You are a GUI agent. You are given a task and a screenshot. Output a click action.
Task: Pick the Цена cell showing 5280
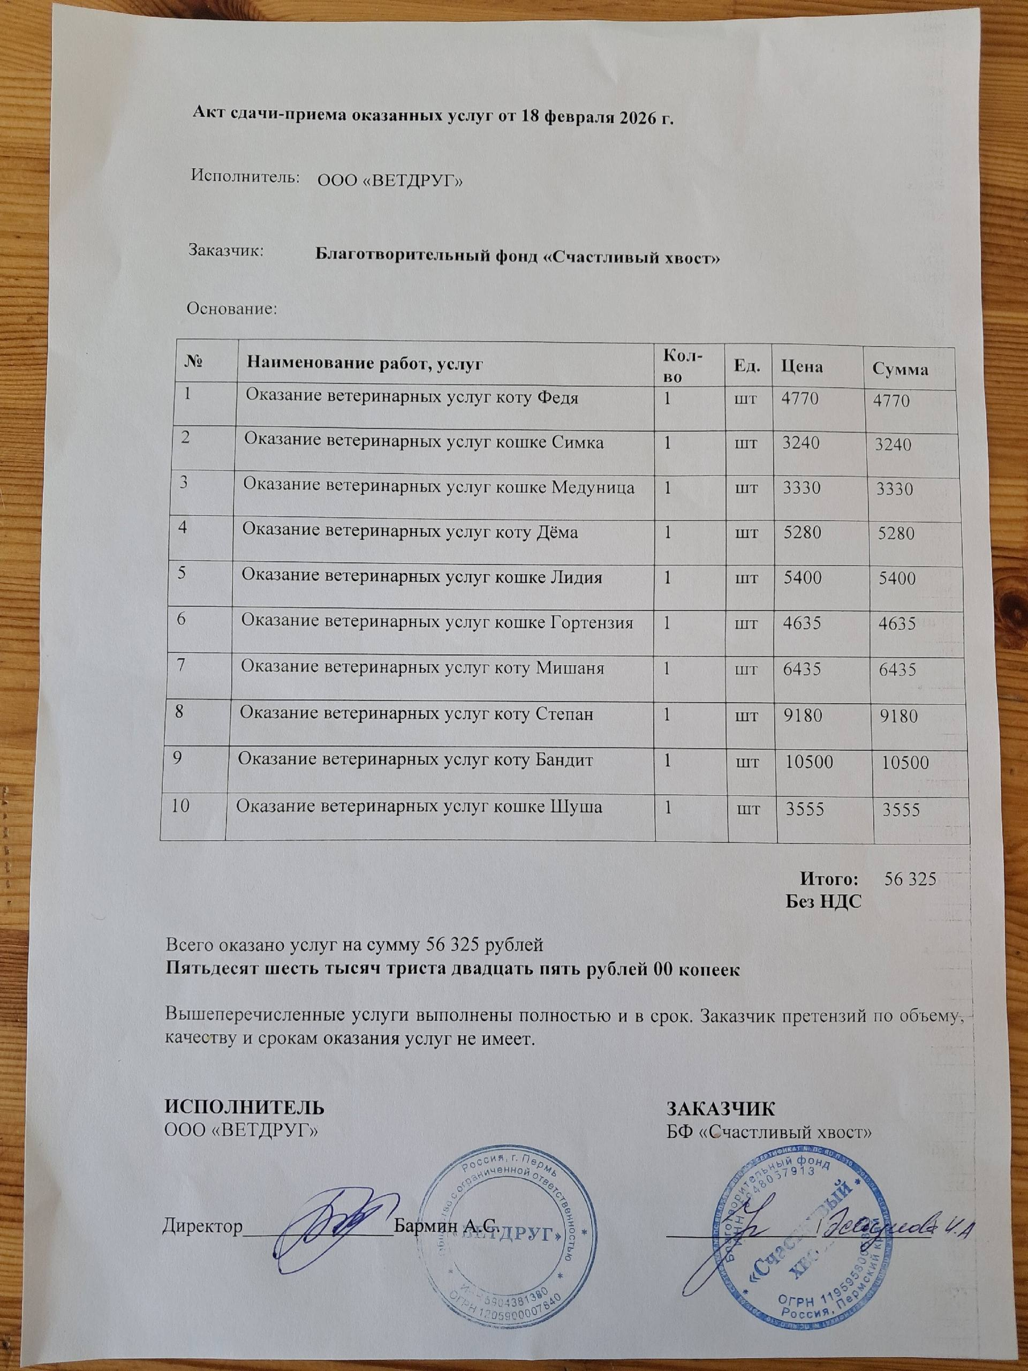tap(803, 532)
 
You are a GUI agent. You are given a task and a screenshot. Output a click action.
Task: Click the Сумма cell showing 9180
tap(898, 717)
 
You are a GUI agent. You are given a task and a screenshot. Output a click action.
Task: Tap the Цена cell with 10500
tap(808, 762)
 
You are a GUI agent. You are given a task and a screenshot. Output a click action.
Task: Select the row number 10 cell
tap(181, 806)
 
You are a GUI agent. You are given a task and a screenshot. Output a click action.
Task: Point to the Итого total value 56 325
tap(910, 879)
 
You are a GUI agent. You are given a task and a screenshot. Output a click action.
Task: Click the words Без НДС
tap(824, 901)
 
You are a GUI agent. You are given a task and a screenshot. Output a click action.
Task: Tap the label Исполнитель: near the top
tap(246, 177)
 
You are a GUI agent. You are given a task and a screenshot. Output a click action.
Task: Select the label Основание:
tap(232, 308)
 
